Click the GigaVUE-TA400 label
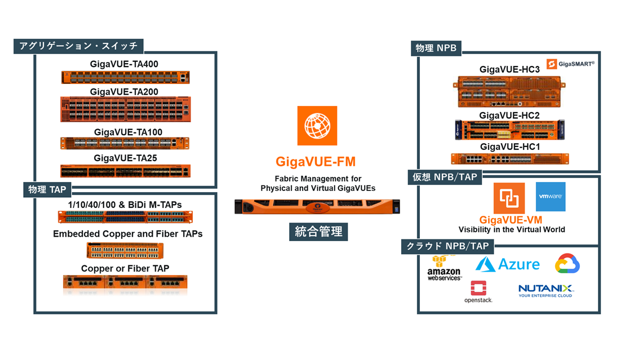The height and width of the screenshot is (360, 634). pos(124,64)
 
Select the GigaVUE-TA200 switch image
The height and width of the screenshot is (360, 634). pos(125,109)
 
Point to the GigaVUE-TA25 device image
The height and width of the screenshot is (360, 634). pos(125,171)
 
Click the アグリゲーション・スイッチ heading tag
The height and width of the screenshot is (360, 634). pos(78,46)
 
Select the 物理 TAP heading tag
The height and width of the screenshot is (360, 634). pos(47,190)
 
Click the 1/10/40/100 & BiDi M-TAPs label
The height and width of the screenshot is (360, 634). pos(125,205)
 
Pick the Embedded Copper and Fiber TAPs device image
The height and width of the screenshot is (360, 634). pos(125,250)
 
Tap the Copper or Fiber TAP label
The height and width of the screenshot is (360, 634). pos(125,269)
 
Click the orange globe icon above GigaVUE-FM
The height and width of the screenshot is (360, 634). pos(317,126)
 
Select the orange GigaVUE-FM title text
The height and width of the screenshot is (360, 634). pos(316,162)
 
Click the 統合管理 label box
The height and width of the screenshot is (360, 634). pos(318,232)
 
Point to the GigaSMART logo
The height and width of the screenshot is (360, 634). pos(570,64)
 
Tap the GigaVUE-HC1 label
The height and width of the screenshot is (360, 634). pos(509,146)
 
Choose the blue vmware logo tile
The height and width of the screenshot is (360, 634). pos(550,197)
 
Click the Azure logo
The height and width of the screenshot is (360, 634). pos(507,264)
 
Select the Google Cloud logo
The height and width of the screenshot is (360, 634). pos(567,264)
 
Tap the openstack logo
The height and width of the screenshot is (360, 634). pos(478,292)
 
